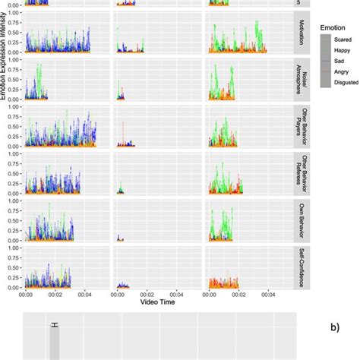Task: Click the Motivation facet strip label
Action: pyautogui.click(x=303, y=33)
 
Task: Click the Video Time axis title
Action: pyautogui.click(x=159, y=302)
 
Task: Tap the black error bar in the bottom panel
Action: pyautogui.click(x=55, y=326)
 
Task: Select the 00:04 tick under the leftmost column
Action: pyautogui.click(x=85, y=295)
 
